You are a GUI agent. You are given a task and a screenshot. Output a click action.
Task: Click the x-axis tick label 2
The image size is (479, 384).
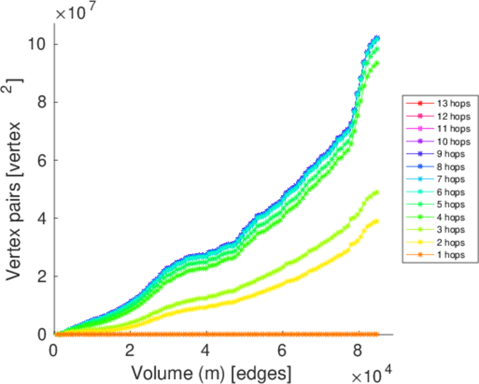pyautogui.click(x=130, y=351)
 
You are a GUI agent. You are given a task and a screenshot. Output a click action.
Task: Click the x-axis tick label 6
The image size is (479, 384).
pyautogui.click(x=282, y=351)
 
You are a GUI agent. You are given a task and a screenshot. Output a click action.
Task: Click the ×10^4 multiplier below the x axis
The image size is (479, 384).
pyautogui.click(x=367, y=371)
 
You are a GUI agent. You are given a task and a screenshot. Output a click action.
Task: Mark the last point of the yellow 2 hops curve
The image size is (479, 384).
pyautogui.click(x=377, y=221)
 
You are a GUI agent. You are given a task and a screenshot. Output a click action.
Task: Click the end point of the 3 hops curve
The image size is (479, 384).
pyautogui.click(x=377, y=192)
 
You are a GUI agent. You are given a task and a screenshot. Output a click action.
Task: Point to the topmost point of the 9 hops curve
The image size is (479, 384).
pyautogui.click(x=377, y=37)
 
